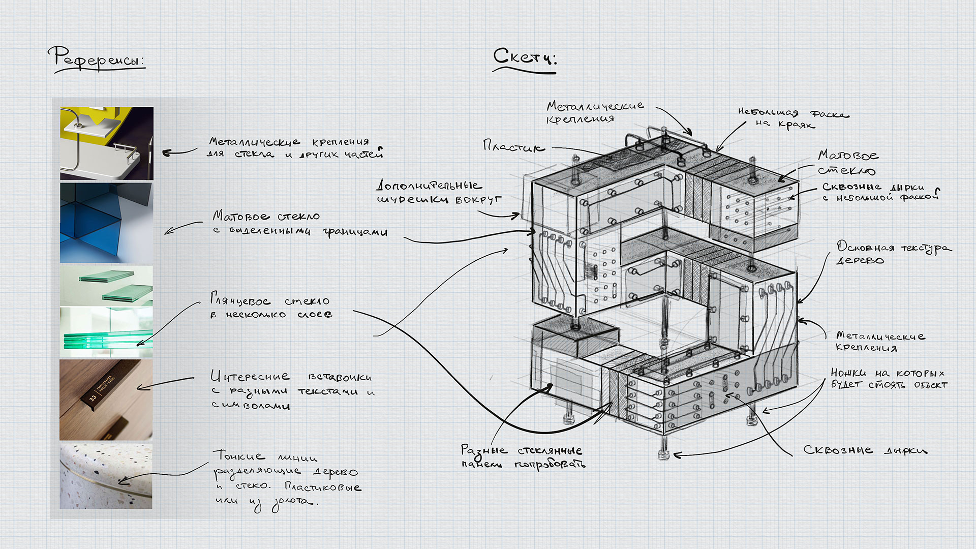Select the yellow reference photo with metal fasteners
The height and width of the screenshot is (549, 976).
106,143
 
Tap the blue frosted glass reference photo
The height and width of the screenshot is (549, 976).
106,223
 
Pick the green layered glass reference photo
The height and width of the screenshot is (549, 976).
106,312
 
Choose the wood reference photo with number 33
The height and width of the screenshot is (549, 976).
106,400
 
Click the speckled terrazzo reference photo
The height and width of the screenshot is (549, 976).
106,476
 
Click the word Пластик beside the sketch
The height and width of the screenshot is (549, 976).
513,147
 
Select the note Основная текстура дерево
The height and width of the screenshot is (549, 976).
893,253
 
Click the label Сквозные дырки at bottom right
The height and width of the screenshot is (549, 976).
865,450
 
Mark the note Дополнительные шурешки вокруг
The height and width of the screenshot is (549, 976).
438,192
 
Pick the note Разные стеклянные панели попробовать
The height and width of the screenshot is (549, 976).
522,456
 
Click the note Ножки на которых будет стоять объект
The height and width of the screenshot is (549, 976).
889,379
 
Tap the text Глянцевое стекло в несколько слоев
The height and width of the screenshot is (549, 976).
270,307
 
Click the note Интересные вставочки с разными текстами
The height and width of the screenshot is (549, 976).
292,391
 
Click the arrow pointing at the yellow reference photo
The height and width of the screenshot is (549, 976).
179,151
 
